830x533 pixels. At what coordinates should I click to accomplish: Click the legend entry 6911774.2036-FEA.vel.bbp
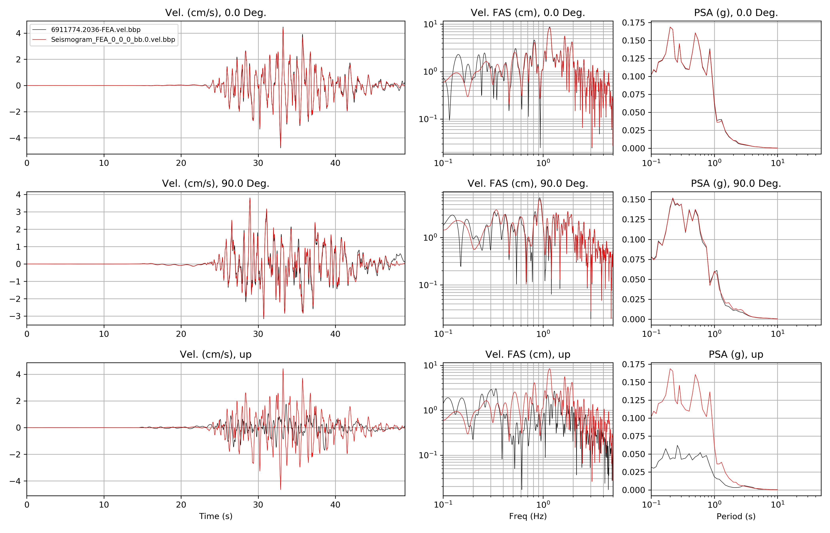coord(96,30)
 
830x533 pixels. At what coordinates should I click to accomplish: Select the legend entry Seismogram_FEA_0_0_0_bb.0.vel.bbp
coord(113,39)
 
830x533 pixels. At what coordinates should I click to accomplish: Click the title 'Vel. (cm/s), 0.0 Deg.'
coord(215,13)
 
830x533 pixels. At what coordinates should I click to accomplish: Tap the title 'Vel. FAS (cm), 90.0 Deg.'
coord(528,183)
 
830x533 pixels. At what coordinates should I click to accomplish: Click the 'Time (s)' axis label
coord(215,516)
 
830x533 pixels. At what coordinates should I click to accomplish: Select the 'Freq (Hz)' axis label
coord(528,516)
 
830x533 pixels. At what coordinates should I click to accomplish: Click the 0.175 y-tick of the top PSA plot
coord(633,23)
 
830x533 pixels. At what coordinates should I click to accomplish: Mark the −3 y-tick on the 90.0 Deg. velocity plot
coord(16,316)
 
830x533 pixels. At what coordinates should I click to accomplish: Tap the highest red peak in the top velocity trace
coord(283,27)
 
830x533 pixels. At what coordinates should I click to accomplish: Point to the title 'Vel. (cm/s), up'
coord(215,354)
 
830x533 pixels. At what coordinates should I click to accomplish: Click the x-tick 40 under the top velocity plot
coord(335,163)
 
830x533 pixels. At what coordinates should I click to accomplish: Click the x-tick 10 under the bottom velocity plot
coord(104,505)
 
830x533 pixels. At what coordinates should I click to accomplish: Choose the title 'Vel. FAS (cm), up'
coord(528,354)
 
